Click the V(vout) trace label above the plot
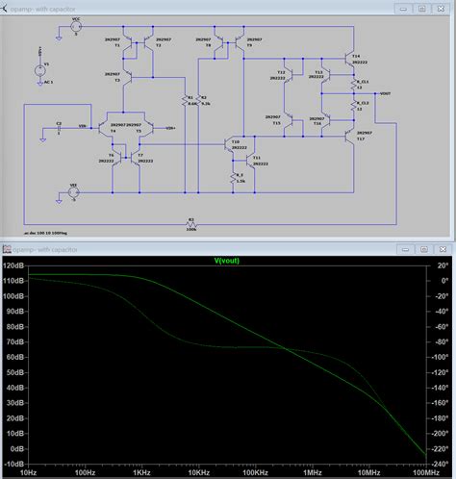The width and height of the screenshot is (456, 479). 227,260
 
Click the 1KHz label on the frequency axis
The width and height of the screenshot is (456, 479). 141,473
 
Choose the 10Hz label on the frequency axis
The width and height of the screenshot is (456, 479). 29,473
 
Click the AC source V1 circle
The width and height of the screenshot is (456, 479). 39,70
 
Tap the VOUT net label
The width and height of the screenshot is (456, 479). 386,94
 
